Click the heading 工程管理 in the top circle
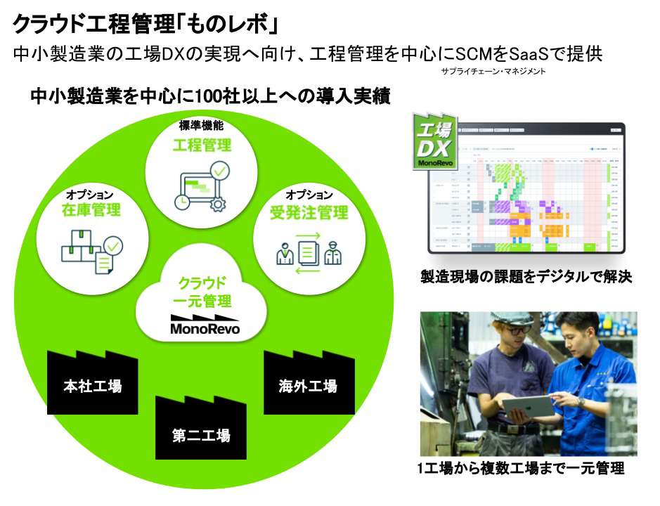[x=202, y=145]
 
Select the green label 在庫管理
[x=91, y=209]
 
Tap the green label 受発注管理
[x=309, y=212]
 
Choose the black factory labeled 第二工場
[x=200, y=432]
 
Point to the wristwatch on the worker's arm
[x=581, y=401]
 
